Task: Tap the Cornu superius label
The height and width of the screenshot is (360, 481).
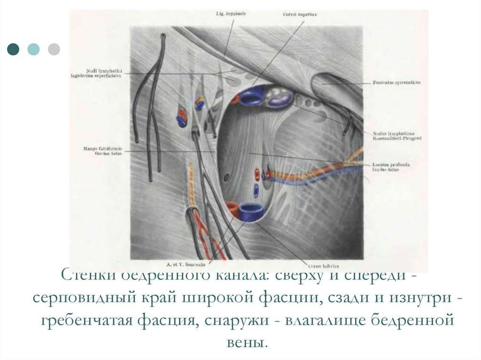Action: point(300,15)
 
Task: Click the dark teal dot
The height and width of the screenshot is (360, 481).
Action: point(14,49)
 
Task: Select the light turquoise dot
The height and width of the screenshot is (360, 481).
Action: point(33,49)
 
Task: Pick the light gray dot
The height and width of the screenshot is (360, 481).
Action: point(54,49)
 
